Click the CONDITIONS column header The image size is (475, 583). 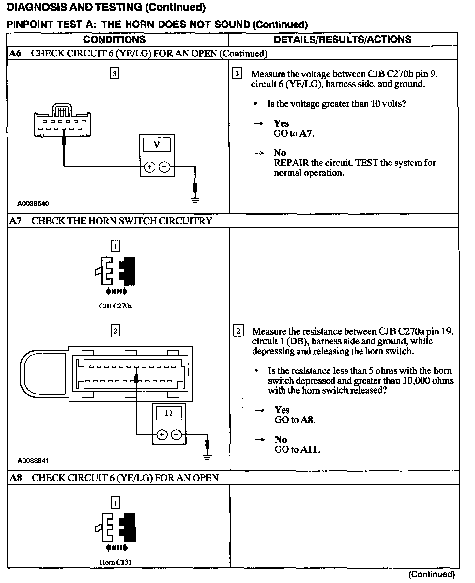[x=114, y=39]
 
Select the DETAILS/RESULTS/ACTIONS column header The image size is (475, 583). [x=343, y=39]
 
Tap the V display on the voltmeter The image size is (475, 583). [x=157, y=144]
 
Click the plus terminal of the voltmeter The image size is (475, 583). [x=150, y=167]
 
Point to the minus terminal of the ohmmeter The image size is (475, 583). [x=176, y=435]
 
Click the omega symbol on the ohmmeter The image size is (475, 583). [x=169, y=413]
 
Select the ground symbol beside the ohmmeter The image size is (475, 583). [x=207, y=457]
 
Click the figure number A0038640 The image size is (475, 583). [x=33, y=204]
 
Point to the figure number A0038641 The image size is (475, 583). [x=33, y=461]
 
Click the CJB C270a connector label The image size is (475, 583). [x=115, y=306]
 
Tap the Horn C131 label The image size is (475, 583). [x=115, y=562]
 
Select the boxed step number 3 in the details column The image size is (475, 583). [x=237, y=74]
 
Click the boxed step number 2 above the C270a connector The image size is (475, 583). [x=115, y=331]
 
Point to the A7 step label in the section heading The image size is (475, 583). [x=15, y=221]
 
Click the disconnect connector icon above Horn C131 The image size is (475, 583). [x=115, y=528]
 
